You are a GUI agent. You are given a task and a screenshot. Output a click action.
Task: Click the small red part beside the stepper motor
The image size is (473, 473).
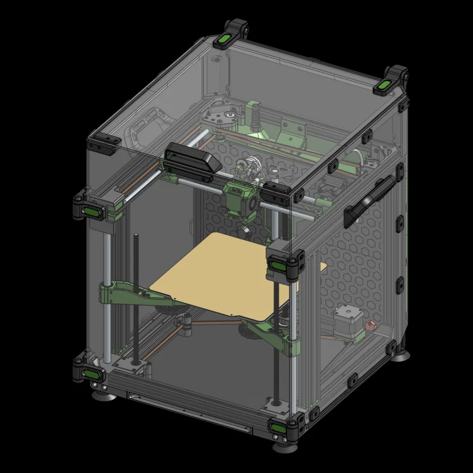point(370,326)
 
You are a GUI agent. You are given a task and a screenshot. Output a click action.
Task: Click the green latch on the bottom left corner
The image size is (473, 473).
point(90,373)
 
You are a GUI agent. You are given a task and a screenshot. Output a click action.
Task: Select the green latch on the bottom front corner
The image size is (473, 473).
point(278,427)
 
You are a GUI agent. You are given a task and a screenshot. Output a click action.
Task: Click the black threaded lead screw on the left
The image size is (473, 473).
point(136,298)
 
